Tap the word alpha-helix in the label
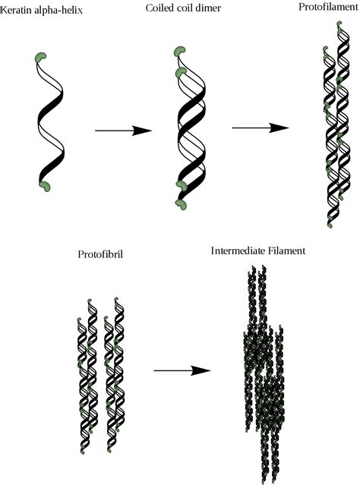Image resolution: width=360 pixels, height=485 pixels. click(x=56, y=11)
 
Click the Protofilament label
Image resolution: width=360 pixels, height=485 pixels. click(x=328, y=7)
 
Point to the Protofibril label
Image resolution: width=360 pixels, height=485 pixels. click(x=100, y=254)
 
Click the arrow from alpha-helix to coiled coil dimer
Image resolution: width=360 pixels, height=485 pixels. click(x=123, y=131)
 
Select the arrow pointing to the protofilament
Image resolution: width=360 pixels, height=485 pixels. click(x=261, y=128)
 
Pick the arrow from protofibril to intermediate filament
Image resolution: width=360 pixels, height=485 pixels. click(x=182, y=370)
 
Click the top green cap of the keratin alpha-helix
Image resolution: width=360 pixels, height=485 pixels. click(x=40, y=57)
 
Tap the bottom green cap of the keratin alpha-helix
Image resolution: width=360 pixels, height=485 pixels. click(x=45, y=186)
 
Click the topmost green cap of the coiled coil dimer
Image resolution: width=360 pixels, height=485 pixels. click(x=179, y=51)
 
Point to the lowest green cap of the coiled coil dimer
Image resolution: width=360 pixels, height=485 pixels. click(x=180, y=204)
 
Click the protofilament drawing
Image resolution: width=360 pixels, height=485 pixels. click(x=336, y=124)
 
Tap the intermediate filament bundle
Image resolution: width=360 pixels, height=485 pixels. click(x=264, y=374)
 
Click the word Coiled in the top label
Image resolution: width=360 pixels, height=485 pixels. click(x=157, y=8)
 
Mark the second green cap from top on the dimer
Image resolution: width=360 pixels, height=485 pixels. click(x=181, y=73)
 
